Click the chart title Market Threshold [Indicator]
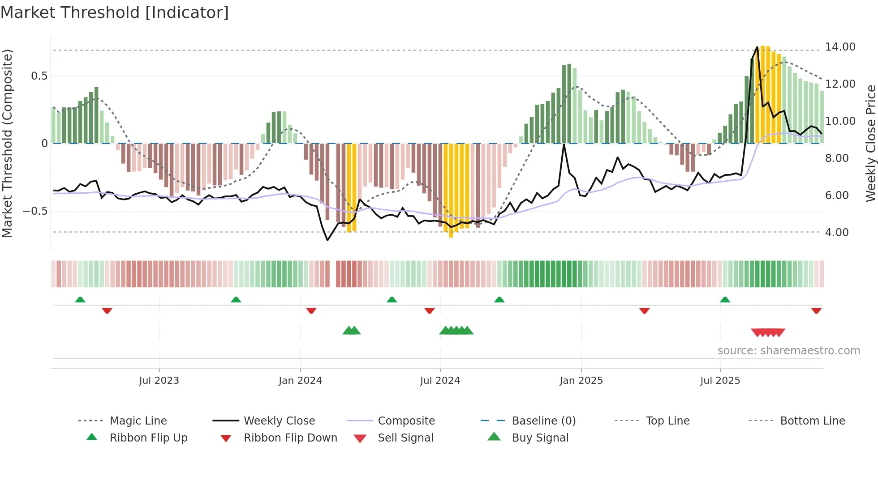coord(115,13)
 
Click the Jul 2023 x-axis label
coord(159,381)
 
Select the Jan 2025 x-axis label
coord(581,381)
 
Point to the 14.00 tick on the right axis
coord(840,47)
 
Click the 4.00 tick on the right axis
coord(837,233)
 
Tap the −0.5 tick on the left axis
coord(35,211)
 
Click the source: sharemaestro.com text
coord(788,351)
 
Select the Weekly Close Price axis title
coord(870,143)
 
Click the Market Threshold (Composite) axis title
coord(7,143)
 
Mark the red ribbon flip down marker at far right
coord(816,310)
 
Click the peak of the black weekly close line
coord(757,47)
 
